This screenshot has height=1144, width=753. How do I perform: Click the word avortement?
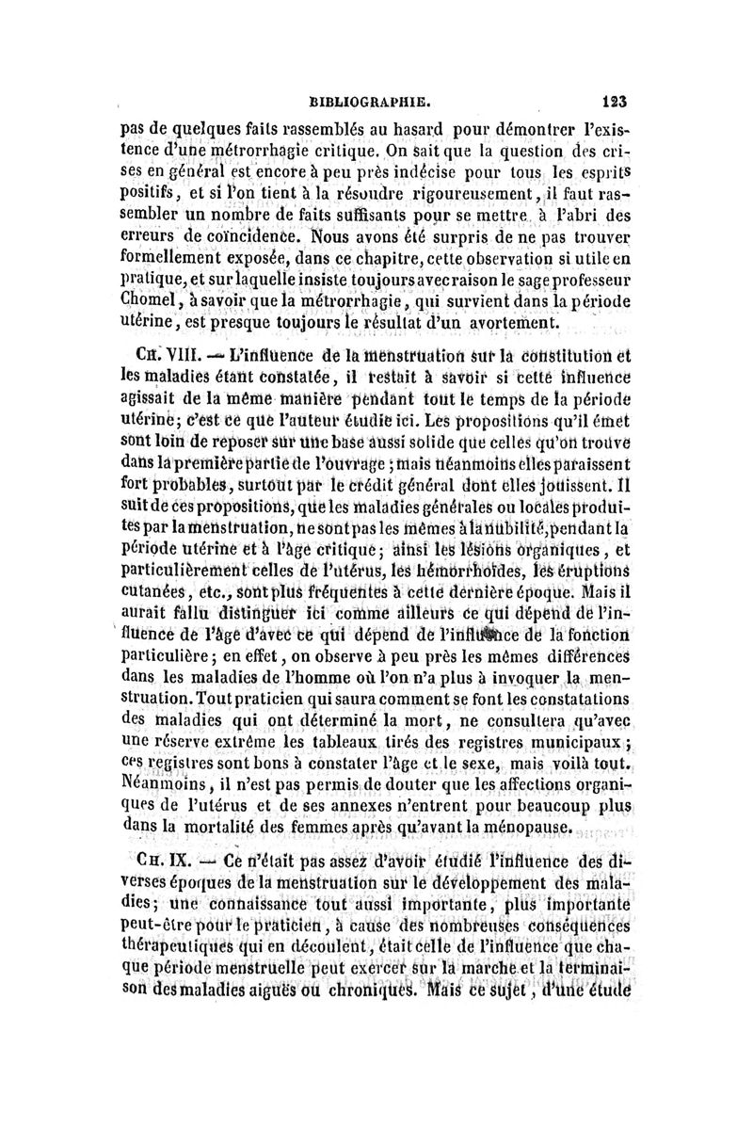(515, 323)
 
